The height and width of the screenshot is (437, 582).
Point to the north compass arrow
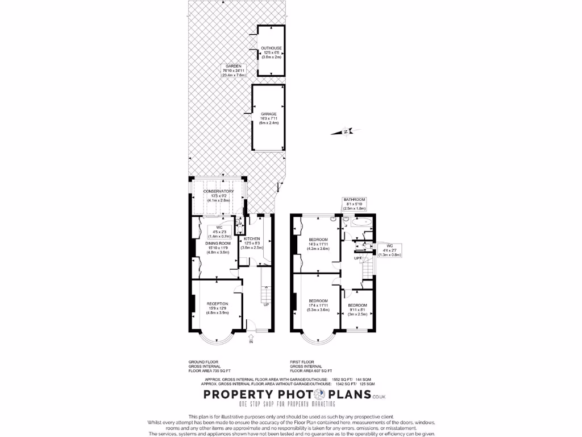pos(345,132)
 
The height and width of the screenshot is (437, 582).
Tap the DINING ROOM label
pos(218,248)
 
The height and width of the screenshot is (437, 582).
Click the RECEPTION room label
pos(217,308)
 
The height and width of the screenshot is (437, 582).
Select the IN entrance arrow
pos(251,340)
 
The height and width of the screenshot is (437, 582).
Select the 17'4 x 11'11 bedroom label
pos(318,305)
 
